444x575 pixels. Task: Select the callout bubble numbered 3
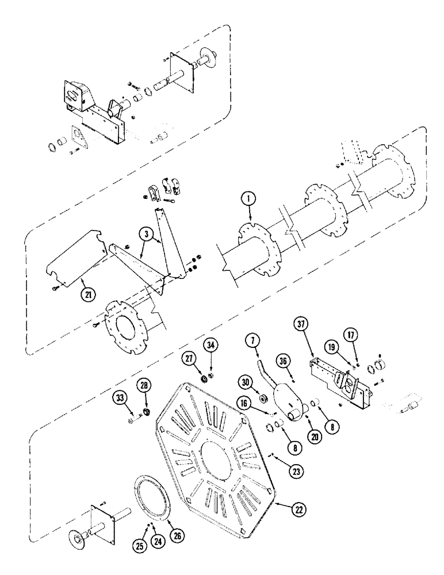pyautogui.click(x=147, y=235)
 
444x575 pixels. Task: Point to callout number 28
pyautogui.click(x=144, y=384)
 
